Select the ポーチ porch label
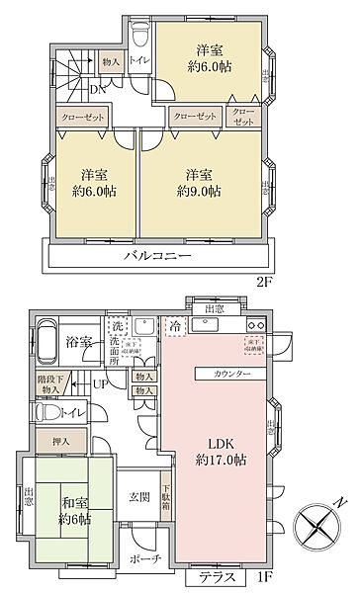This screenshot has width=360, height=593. [136, 557]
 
